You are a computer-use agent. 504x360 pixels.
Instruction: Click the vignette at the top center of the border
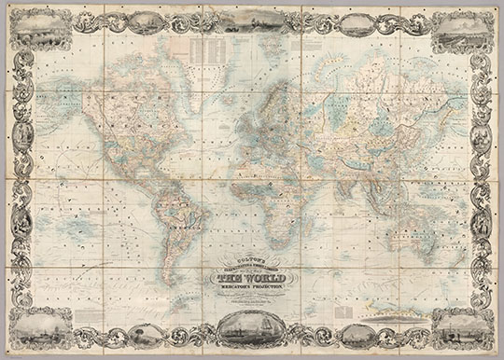251,20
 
